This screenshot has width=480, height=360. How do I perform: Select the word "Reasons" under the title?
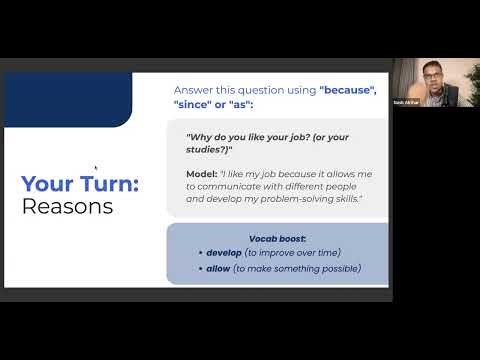coord(67,207)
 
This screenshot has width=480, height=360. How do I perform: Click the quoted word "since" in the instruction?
coord(200,104)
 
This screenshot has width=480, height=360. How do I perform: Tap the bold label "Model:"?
coord(205,172)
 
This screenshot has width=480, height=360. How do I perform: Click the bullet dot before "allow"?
coord(201,268)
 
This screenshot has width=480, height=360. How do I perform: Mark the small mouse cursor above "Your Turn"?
coord(95,169)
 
